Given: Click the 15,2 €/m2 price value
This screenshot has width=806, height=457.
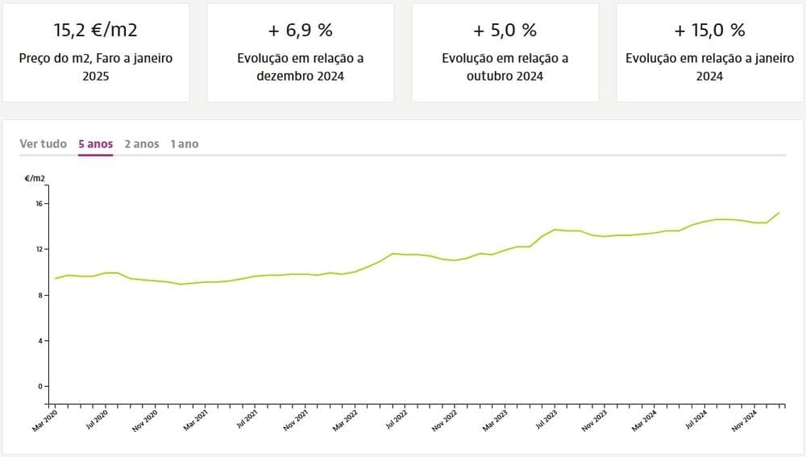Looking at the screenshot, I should pos(95,31).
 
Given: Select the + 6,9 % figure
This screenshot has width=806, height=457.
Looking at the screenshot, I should pos(300,31).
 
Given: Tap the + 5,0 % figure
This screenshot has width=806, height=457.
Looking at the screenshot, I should pos(505,31).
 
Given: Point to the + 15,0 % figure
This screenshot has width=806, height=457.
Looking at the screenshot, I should pos(709,31).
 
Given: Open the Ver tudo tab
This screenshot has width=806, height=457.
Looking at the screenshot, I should pos(44,143).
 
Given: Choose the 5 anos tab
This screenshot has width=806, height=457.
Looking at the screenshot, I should pos(95,143).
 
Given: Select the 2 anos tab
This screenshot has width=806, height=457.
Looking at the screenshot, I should pos(142,143).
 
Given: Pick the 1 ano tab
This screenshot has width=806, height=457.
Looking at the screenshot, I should pos(184,143).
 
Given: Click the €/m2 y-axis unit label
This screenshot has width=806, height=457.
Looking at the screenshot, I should pos(35,178).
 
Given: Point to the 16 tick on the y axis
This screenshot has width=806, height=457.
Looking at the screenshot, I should pos(37,204).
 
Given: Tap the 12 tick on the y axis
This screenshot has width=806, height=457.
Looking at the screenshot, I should pos(37,249).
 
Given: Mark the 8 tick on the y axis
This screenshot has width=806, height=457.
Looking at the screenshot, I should pos(39,295).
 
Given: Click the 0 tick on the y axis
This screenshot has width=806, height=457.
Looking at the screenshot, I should pos(39,386).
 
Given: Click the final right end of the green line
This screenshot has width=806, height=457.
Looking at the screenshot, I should pos(779,213).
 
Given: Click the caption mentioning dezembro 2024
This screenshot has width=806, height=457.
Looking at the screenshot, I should pos(300,67).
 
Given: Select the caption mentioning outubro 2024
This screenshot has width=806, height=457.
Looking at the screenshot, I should pos(505,67).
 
